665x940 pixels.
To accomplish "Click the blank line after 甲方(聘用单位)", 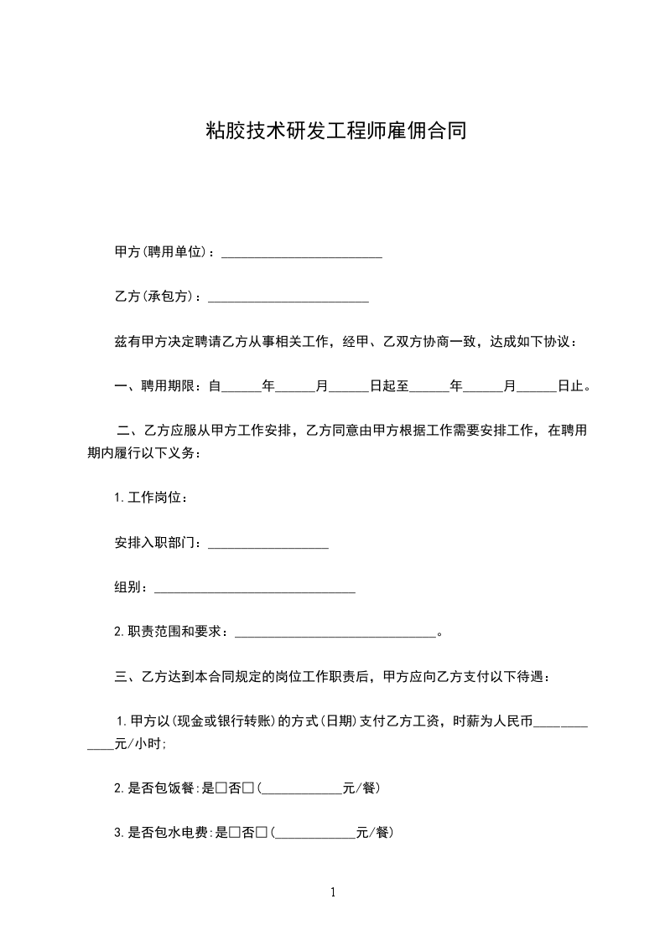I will (x=301, y=253).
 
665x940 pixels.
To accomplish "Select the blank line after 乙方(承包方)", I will (x=288, y=297).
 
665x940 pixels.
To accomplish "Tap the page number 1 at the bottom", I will (x=333, y=892).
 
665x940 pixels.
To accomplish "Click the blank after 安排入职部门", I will (x=268, y=545).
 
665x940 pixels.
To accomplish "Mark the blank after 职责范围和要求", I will (x=335, y=633).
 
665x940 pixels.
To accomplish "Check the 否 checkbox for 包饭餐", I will (x=248, y=788).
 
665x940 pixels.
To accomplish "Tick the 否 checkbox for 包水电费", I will (x=262, y=833).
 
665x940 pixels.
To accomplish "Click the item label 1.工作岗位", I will (x=150, y=498).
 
